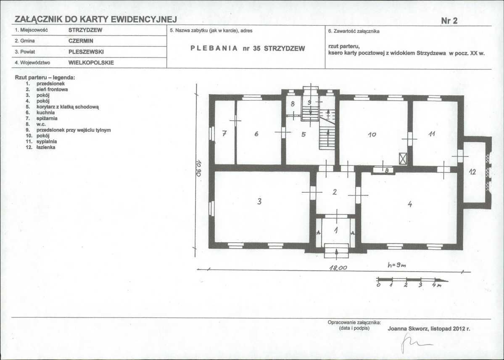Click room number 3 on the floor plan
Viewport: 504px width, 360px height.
pyautogui.click(x=259, y=201)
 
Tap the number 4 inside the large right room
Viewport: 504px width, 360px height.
pyautogui.click(x=410, y=204)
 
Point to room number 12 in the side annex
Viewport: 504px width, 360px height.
pyautogui.click(x=472, y=172)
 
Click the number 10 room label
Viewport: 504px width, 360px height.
pyautogui.click(x=372, y=135)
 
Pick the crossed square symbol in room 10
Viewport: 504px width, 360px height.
pyautogui.click(x=403, y=159)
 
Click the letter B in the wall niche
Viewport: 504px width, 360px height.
pyautogui.click(x=387, y=170)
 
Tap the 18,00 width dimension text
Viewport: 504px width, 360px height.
pyautogui.click(x=338, y=267)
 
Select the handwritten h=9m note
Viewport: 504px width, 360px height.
pyautogui.click(x=397, y=265)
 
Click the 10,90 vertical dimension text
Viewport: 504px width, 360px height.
pyautogui.click(x=199, y=168)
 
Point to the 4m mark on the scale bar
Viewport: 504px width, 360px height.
pyautogui.click(x=437, y=285)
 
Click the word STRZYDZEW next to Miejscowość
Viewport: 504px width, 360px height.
pyautogui.click(x=85, y=30)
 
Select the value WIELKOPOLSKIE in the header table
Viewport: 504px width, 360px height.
pyautogui.click(x=91, y=63)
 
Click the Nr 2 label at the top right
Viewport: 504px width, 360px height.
pyautogui.click(x=449, y=21)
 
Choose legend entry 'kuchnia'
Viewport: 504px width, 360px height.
pyautogui.click(x=46, y=113)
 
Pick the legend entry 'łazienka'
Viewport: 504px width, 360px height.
pyautogui.click(x=46, y=147)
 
